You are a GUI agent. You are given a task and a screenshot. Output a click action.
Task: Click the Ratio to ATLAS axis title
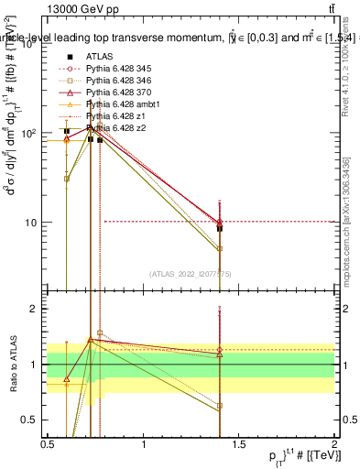[x=12, y=363]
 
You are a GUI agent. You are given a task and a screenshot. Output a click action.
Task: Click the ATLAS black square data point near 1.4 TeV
[x=220, y=228]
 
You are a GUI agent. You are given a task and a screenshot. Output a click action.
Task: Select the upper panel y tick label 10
[x=33, y=223]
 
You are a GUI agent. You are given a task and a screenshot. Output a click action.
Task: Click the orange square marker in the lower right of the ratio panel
[x=220, y=406]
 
